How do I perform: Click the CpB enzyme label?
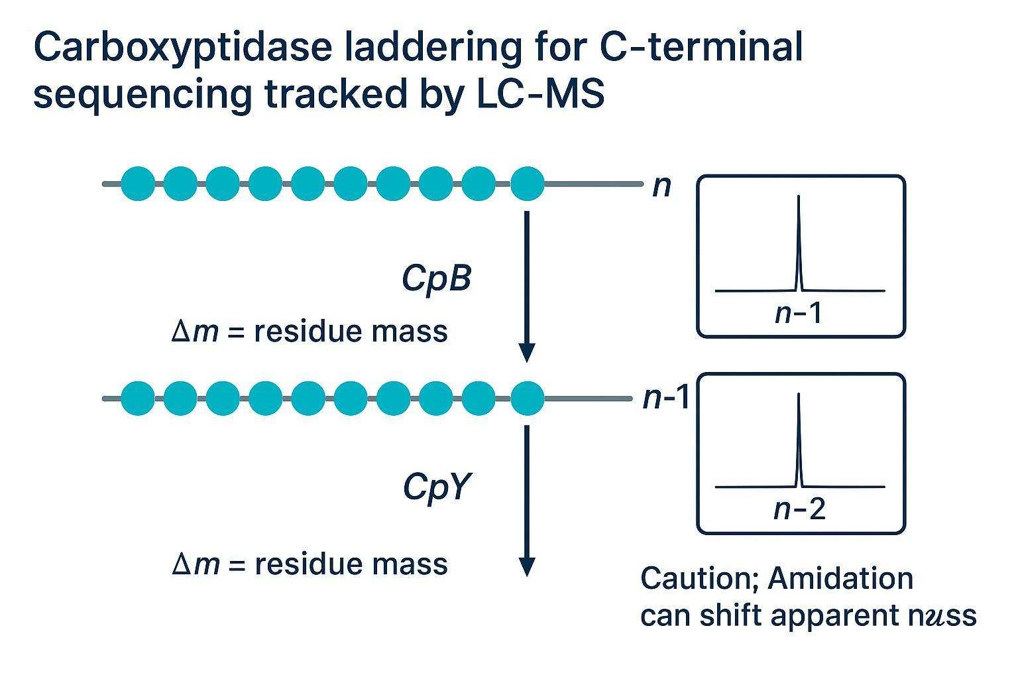(435, 279)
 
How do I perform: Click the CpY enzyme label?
(435, 489)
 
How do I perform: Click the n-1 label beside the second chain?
(666, 399)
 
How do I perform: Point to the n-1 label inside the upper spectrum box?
(799, 313)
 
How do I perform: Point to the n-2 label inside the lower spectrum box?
(799, 509)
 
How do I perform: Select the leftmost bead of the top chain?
(138, 184)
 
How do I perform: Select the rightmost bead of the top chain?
(528, 184)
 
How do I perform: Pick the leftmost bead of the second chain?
(138, 399)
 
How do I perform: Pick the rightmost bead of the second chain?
(528, 399)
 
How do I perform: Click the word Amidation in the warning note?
(840, 579)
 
